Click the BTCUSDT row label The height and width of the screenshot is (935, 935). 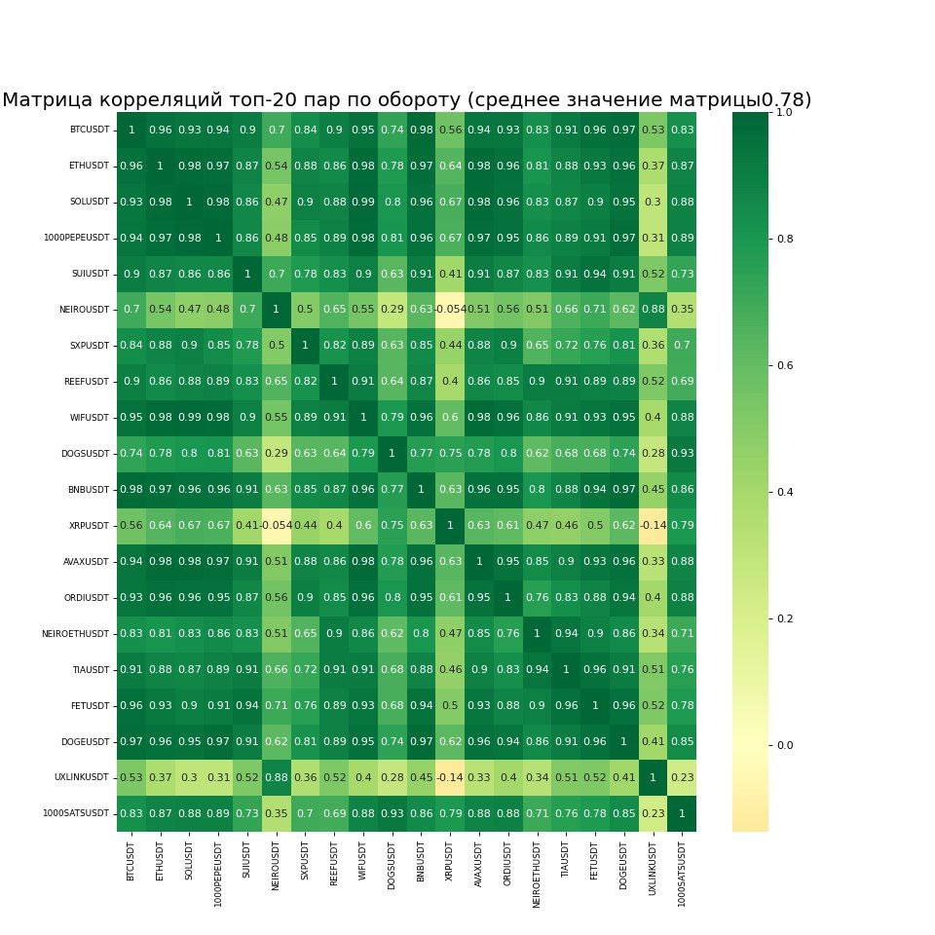click(89, 131)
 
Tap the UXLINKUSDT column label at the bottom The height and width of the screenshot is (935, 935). click(653, 873)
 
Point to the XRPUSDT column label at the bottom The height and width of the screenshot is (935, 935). click(450, 863)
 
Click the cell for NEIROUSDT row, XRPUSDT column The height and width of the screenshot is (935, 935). click(450, 311)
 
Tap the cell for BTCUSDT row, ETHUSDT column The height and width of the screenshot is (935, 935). click(160, 131)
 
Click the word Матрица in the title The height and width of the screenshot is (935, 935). click(49, 99)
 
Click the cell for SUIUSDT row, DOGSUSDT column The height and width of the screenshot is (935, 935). click(393, 275)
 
